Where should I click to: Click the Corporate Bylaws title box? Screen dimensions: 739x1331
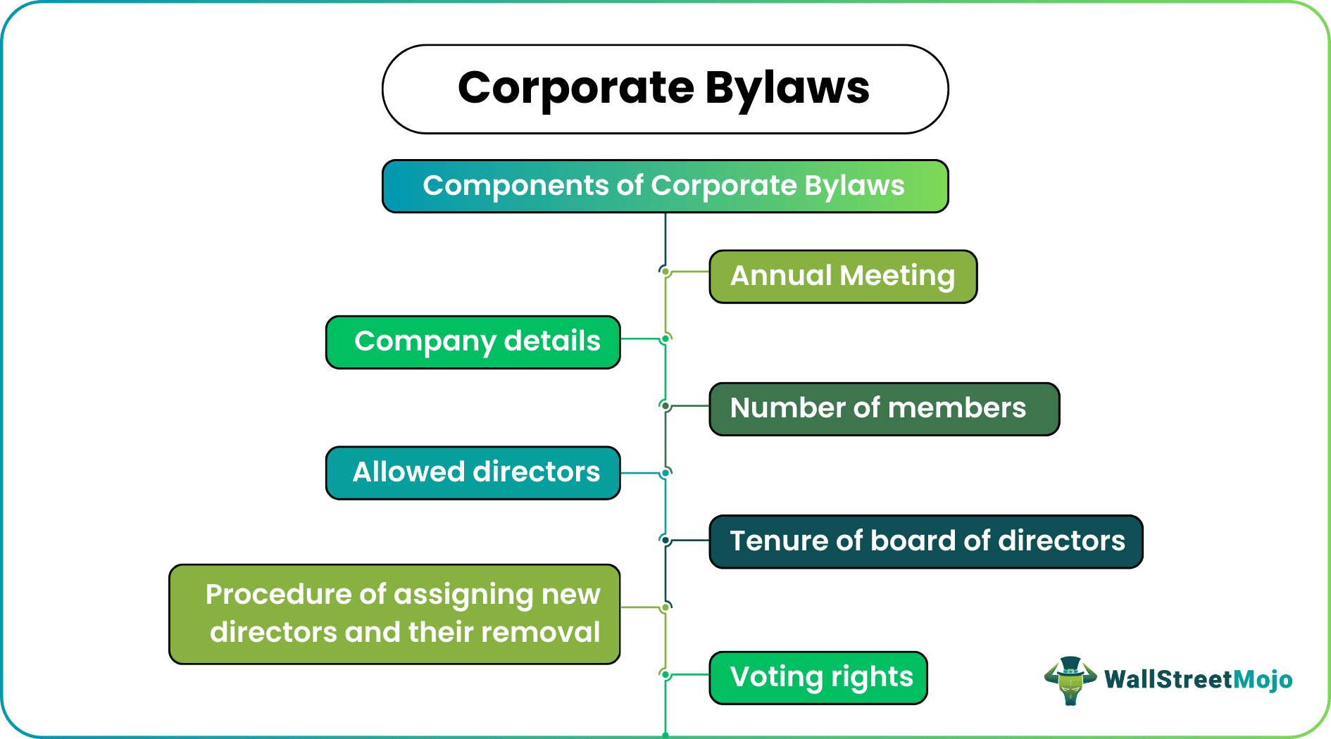(x=665, y=89)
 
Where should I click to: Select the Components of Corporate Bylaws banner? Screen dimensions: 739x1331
(x=665, y=187)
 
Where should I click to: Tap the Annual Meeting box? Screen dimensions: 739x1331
(x=842, y=277)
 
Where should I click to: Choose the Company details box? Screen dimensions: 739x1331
(x=473, y=342)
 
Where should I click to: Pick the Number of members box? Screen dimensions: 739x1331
(x=884, y=409)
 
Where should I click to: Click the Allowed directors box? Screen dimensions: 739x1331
(x=473, y=473)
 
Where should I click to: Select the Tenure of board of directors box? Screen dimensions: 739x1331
(x=925, y=541)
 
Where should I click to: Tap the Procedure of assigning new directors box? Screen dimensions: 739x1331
(x=394, y=614)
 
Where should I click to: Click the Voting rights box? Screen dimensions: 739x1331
(x=818, y=678)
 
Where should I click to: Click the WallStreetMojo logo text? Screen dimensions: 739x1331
(x=1198, y=680)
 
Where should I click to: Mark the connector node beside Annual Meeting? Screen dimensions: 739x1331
(x=665, y=271)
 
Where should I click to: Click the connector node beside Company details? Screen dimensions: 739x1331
(x=665, y=339)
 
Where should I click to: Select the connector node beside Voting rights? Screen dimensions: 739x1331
(x=665, y=674)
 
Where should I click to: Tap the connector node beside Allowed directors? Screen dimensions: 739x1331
(x=665, y=473)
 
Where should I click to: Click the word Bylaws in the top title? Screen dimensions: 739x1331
(x=787, y=89)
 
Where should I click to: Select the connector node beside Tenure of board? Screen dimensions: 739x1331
(x=665, y=540)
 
